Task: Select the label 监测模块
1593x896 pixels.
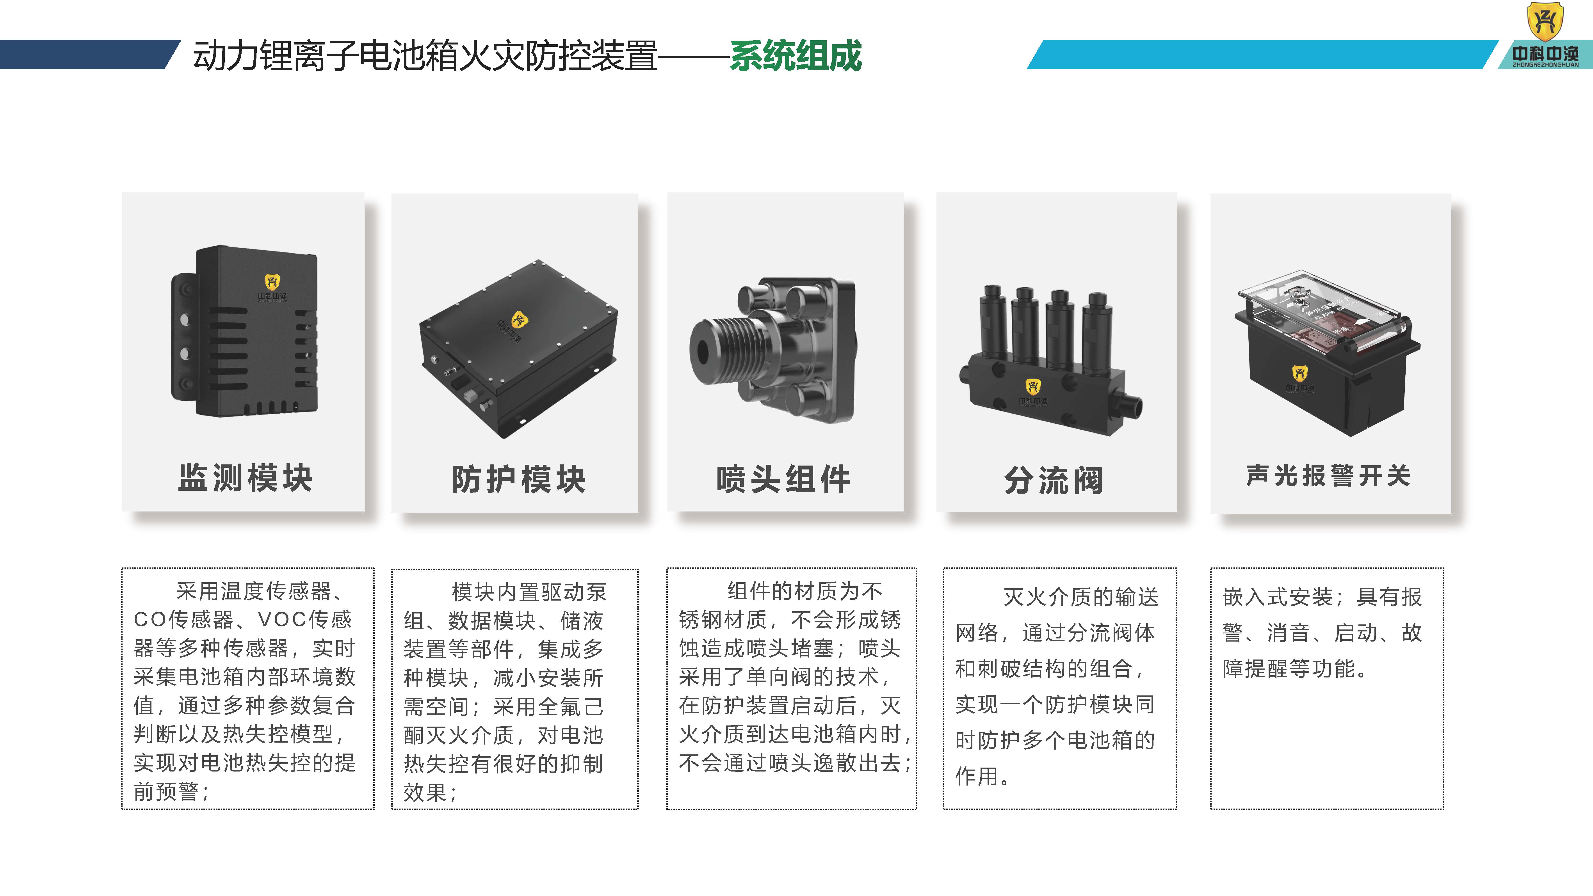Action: [x=246, y=478]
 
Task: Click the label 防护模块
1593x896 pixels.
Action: [x=518, y=479]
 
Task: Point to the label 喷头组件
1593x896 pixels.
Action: [x=783, y=479]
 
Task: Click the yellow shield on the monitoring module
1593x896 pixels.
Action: [x=272, y=282]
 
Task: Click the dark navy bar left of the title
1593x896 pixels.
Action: [x=87, y=54]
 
